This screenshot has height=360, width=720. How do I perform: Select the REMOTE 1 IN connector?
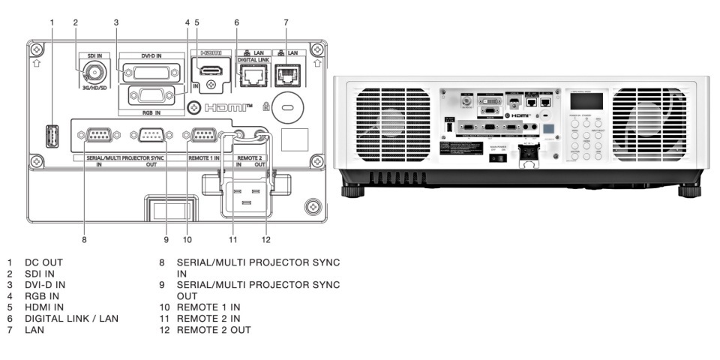coord(204,136)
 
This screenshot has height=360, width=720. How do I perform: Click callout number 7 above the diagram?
coord(286,22)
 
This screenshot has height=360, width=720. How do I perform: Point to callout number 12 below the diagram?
coord(265,240)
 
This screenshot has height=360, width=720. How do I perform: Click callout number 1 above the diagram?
coord(52,22)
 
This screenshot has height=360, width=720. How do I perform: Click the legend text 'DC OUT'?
coord(43,262)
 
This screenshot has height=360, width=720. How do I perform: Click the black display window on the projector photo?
coord(586,101)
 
